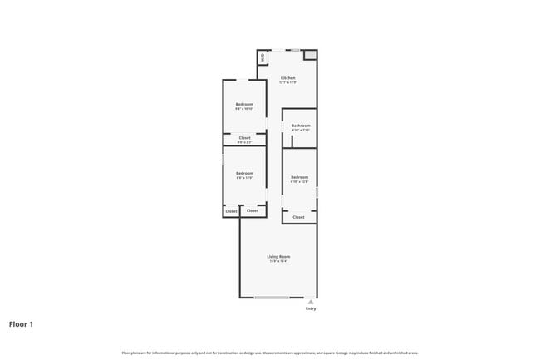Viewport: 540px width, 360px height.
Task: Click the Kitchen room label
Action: point(287,78)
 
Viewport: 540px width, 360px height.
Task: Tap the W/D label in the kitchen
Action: point(263,57)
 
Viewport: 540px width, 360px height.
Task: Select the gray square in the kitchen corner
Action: point(310,55)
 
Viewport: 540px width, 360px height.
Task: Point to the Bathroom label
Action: point(300,126)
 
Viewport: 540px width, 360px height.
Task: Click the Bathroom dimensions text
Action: point(300,131)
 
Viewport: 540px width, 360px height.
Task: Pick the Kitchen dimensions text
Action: point(287,83)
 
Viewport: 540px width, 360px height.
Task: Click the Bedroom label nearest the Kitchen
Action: point(244,104)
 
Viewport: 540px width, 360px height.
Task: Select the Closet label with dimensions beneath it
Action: point(244,137)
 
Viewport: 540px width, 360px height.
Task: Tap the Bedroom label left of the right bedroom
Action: point(244,173)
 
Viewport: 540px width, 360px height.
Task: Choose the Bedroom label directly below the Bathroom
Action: point(299,176)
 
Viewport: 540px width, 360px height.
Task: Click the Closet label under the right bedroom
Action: point(298,217)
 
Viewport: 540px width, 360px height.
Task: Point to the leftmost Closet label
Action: point(231,211)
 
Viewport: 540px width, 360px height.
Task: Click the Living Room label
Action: point(278,256)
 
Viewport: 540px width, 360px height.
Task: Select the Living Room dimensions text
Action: point(278,261)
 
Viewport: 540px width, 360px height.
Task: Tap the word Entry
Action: point(311,308)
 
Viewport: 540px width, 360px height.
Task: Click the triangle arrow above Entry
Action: point(311,302)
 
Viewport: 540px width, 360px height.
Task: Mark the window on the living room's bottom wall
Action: point(272,298)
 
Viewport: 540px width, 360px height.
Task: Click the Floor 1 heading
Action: point(22,323)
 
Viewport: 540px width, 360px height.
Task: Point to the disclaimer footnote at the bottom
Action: point(269,352)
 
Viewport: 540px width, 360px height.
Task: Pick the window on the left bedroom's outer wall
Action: point(223,158)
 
